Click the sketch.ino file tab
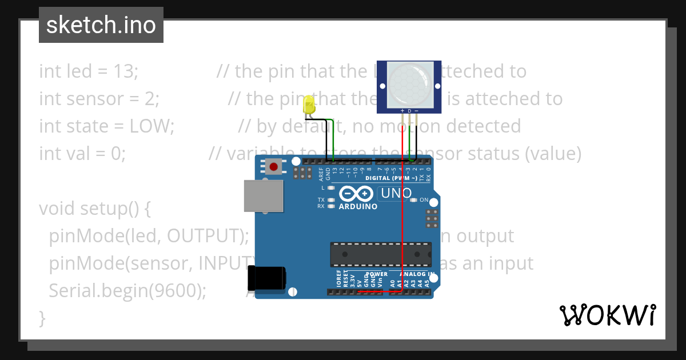101,25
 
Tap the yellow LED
309,105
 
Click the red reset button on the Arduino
274,167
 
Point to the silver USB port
263,196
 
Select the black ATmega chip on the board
380,255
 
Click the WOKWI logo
607,315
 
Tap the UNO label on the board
396,193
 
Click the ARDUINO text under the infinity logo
358,206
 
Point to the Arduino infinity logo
357,193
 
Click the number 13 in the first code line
125,71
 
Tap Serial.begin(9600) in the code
127,290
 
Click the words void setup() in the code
94,209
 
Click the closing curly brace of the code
42,317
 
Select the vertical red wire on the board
404,229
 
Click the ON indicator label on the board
424,200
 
